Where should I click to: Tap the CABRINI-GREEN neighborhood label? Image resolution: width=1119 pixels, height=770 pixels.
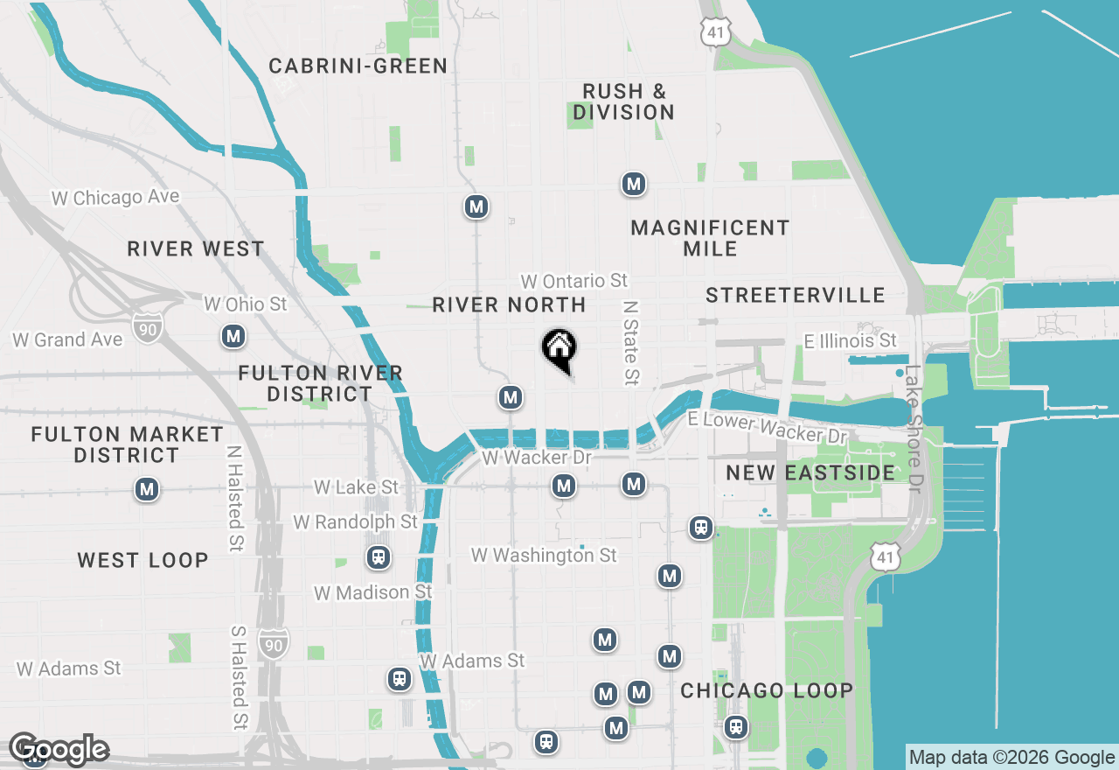[x=358, y=66]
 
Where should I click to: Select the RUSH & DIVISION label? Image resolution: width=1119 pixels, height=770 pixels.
[x=624, y=101]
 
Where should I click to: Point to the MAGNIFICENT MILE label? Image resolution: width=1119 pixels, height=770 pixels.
[x=710, y=238]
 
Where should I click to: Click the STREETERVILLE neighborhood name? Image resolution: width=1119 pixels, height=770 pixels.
[x=796, y=295]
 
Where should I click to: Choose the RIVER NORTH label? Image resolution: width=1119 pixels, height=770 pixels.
[x=509, y=304]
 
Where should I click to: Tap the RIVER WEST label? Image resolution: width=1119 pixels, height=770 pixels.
[x=196, y=248]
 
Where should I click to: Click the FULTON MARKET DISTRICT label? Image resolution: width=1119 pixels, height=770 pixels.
[x=127, y=444]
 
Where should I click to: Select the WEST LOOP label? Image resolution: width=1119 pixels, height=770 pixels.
[x=142, y=560]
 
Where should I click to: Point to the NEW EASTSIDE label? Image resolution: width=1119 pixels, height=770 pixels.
[x=810, y=473]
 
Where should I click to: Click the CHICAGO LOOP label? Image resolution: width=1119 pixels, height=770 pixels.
[x=767, y=690]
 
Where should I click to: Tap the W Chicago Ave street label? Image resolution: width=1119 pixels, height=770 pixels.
[x=115, y=198]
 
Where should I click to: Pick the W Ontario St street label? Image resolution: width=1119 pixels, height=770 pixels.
[x=574, y=281]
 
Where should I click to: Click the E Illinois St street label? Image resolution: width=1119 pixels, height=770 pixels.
[x=851, y=340]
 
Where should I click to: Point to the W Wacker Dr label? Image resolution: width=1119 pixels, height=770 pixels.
[x=537, y=458]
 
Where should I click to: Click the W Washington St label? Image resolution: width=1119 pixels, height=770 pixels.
[x=544, y=555]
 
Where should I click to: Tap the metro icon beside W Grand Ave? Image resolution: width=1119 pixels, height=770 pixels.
[x=233, y=336]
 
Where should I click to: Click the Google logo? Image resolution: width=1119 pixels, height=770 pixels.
[x=59, y=749]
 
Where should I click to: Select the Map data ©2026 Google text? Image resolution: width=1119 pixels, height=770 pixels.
[x=1011, y=758]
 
